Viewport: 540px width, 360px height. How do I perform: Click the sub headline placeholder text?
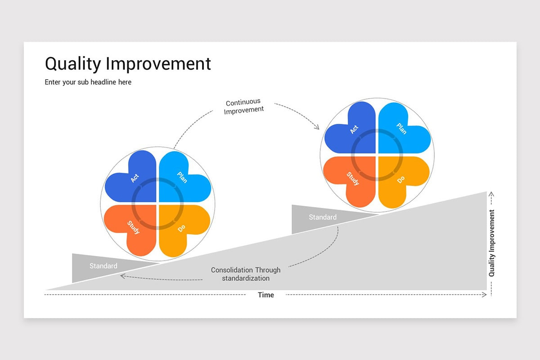point(88,82)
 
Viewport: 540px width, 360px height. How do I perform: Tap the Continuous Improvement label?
point(243,106)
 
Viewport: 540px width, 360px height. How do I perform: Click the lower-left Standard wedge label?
point(103,266)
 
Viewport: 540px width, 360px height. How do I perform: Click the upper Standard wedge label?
point(323,217)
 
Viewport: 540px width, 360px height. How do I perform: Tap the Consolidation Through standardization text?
point(246,274)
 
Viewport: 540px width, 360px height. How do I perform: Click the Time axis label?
point(265,295)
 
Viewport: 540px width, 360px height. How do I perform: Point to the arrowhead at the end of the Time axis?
point(485,295)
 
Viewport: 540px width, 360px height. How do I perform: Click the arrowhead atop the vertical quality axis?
point(491,195)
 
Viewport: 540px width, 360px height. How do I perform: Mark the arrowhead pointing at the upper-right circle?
point(317,127)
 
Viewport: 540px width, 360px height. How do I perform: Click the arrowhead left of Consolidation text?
point(122,276)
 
